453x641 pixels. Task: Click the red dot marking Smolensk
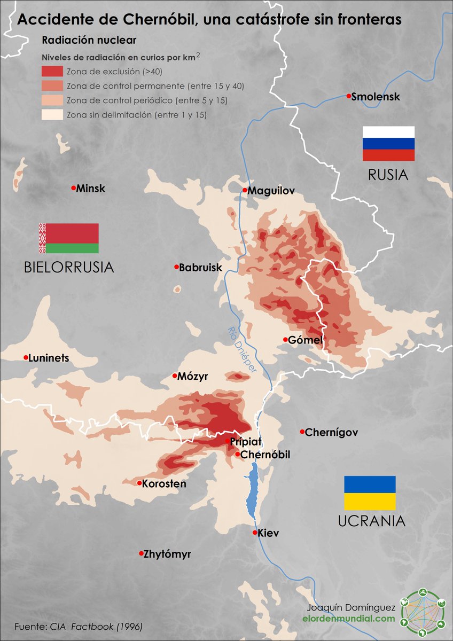tap(348, 96)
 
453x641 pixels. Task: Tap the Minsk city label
tap(91, 189)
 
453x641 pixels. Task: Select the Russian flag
tap(388, 144)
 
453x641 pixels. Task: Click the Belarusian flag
tap(68, 238)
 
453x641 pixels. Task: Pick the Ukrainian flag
tap(370, 493)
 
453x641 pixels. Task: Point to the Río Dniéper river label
tap(241, 349)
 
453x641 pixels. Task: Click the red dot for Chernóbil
tap(238, 454)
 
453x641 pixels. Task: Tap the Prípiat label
tap(246, 442)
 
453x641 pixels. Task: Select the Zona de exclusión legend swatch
tap(52, 72)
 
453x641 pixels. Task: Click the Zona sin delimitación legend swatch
tap(52, 114)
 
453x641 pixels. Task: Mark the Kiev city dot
tap(255, 533)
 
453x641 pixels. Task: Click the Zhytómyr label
tap(167, 554)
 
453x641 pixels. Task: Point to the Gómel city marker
tap(285, 339)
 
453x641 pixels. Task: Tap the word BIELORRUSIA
tap(69, 267)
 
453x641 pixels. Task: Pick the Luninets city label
tap(49, 358)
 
